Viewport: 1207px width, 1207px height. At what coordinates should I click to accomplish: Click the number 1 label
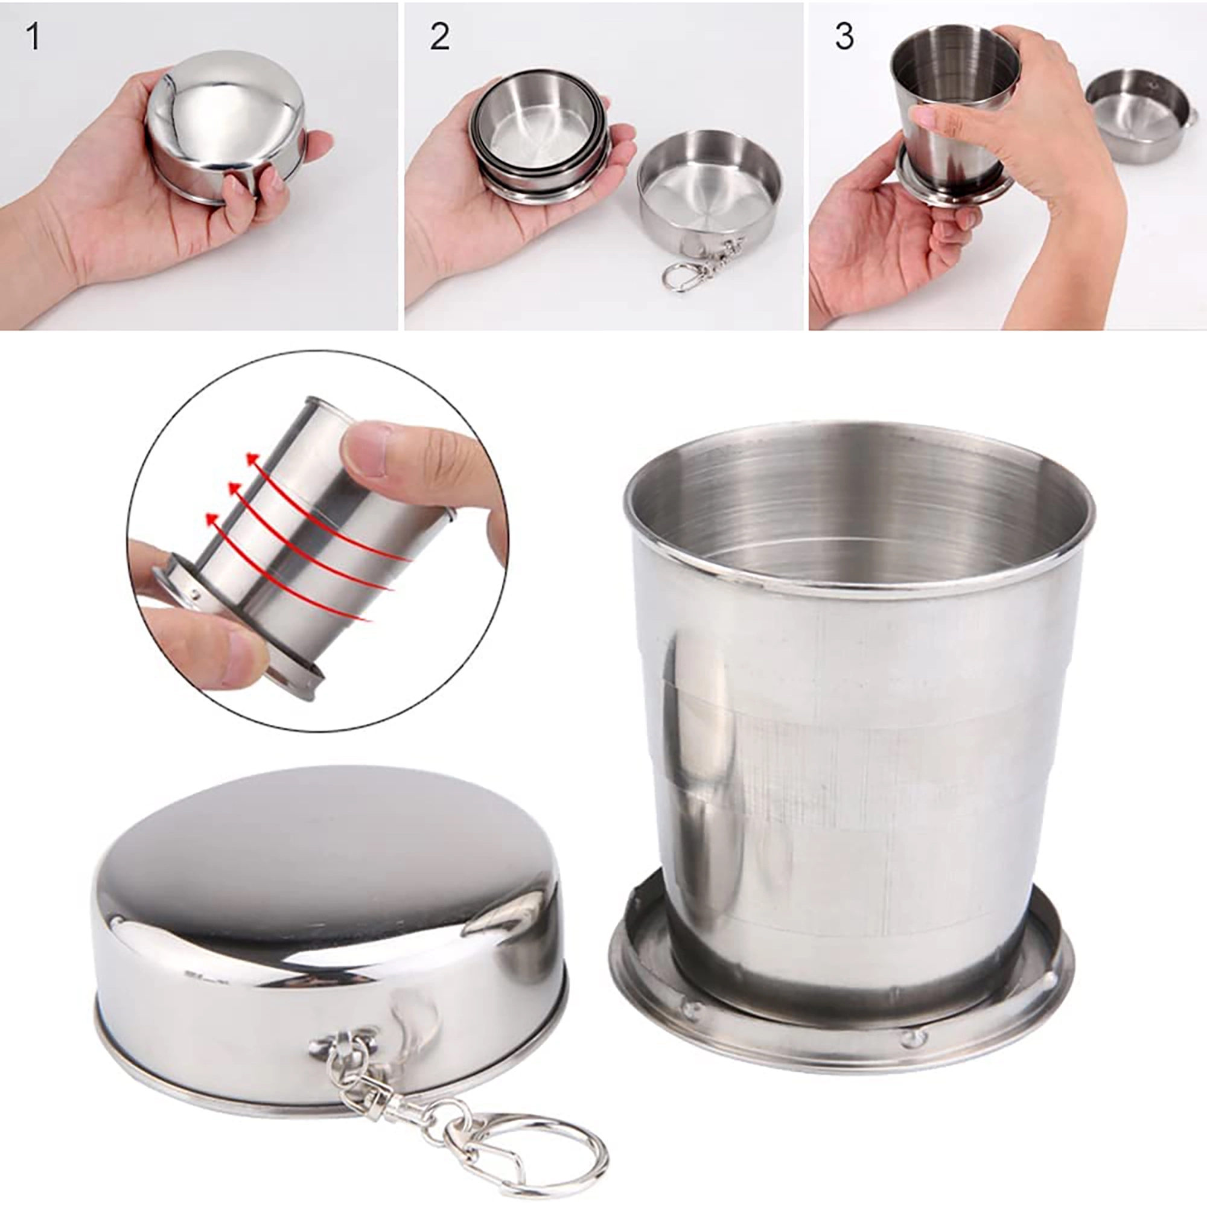(x=33, y=37)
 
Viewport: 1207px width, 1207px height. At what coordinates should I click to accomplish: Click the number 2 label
(x=439, y=37)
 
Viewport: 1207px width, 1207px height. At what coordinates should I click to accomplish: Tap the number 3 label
(x=844, y=37)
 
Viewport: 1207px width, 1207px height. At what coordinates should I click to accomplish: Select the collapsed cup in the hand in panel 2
(x=537, y=135)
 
